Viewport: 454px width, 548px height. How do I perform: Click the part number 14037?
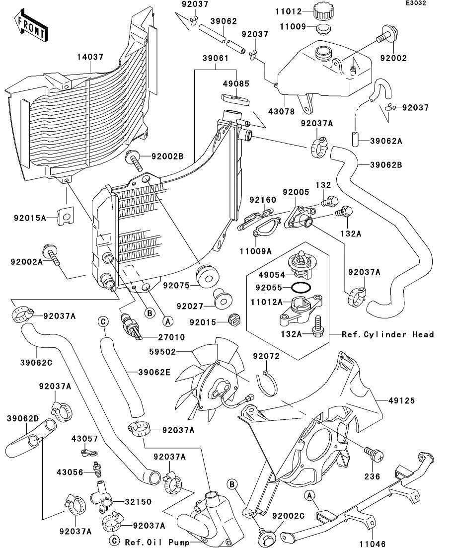point(90,57)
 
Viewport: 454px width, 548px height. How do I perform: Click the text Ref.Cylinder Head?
point(388,334)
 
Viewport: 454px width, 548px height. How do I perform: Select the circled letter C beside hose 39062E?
point(103,322)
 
